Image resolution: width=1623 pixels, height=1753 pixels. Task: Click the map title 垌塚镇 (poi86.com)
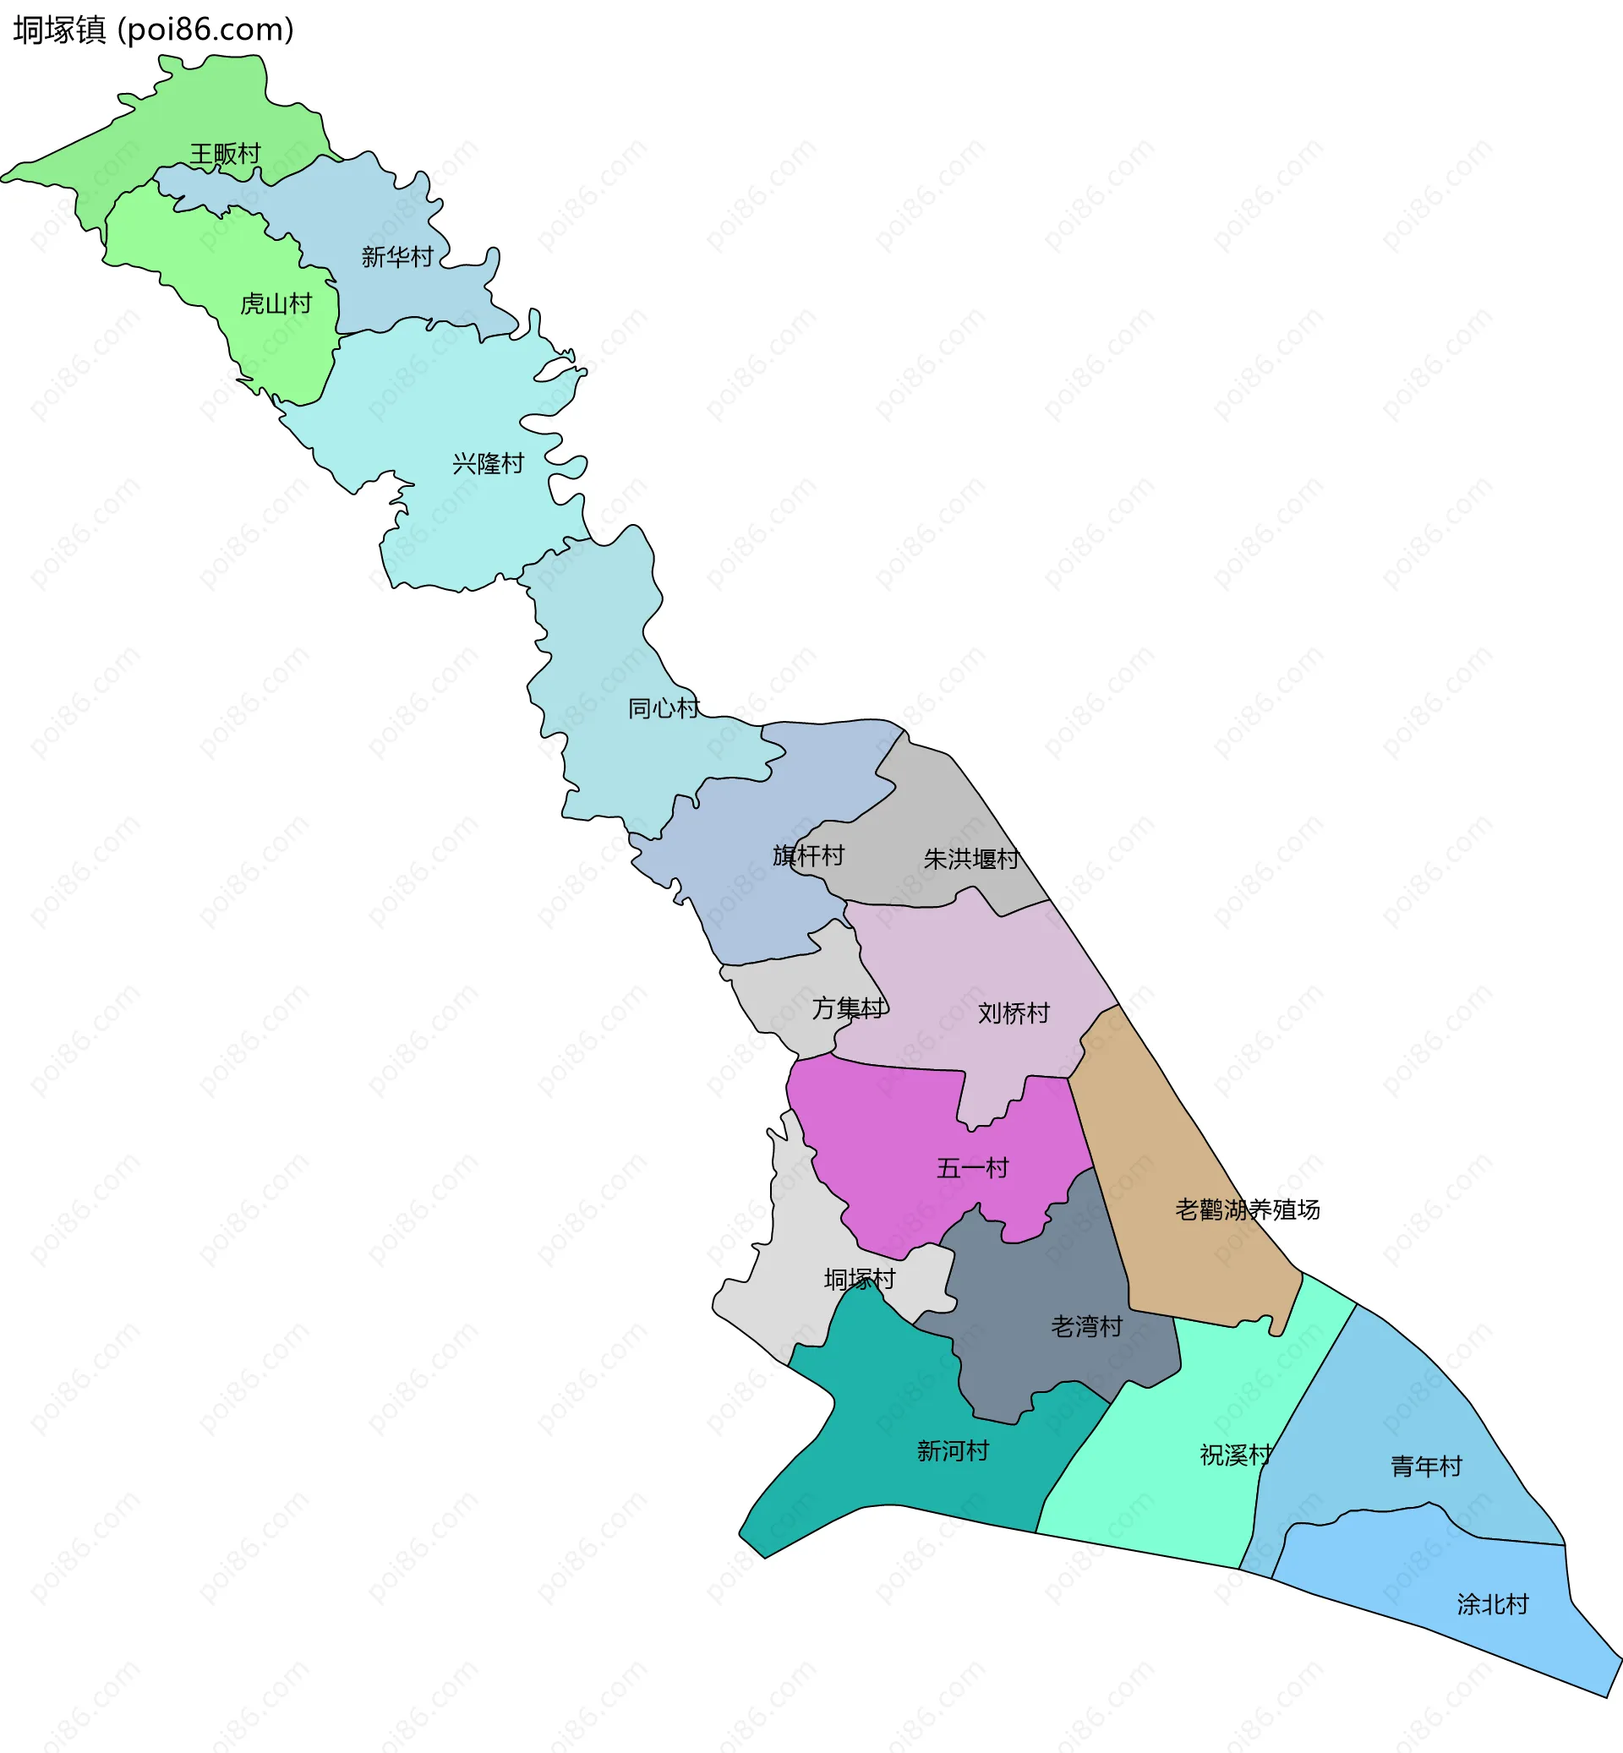[154, 30]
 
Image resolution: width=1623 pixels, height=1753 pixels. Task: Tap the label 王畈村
[226, 154]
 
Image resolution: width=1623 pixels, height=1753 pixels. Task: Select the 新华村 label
[397, 256]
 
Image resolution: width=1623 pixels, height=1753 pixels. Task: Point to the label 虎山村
[276, 304]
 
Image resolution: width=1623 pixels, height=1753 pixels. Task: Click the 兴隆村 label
[488, 463]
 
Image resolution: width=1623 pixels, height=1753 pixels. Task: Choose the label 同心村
[663, 707]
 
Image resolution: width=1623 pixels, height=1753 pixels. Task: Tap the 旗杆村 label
[808, 855]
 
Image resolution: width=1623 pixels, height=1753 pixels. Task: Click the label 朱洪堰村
[971, 859]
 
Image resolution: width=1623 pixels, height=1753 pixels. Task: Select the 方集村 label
[848, 1008]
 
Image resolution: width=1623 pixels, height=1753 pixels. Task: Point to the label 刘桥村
[1014, 1013]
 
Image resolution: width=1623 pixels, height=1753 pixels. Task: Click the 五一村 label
[972, 1168]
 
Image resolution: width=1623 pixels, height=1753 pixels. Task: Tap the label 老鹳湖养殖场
[1247, 1210]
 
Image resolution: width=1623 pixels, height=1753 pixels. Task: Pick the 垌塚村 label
[859, 1279]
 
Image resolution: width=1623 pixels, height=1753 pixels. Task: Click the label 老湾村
[1086, 1326]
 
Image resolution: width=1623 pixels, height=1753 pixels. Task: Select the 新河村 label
[953, 1451]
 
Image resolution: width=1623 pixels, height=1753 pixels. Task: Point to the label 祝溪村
[1236, 1455]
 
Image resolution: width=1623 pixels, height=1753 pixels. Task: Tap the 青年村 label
[1425, 1466]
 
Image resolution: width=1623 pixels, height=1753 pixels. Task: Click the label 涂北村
[1492, 1604]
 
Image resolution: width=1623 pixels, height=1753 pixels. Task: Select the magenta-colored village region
[887, 1142]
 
